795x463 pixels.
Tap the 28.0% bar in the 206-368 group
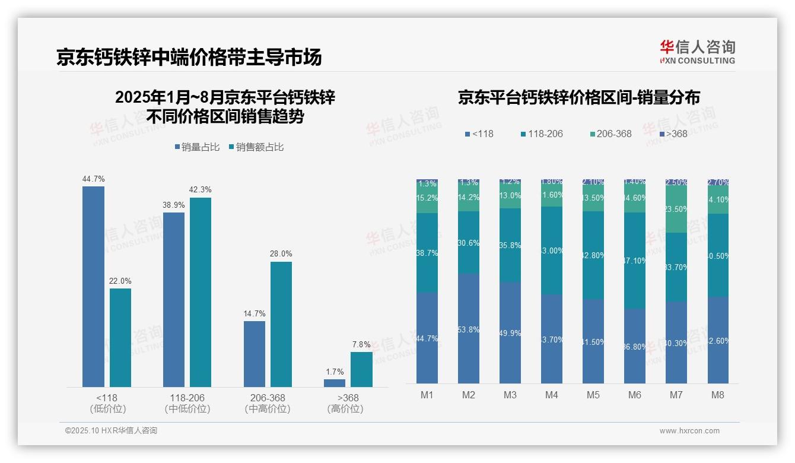click(281, 324)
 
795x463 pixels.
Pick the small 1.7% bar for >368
click(335, 383)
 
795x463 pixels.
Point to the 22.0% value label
click(120, 281)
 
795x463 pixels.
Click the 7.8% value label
click(361, 344)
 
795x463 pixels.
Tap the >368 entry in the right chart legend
click(673, 134)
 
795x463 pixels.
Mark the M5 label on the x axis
click(593, 395)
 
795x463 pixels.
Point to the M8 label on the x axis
click(718, 395)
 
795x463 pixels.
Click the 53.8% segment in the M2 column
click(469, 328)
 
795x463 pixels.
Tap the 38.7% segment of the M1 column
click(427, 253)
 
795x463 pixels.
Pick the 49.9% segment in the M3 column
click(510, 332)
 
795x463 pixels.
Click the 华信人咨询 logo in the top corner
click(697, 52)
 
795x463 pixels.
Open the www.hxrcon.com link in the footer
click(689, 431)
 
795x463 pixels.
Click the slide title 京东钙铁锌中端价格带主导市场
click(189, 57)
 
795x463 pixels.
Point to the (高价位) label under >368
click(345, 409)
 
